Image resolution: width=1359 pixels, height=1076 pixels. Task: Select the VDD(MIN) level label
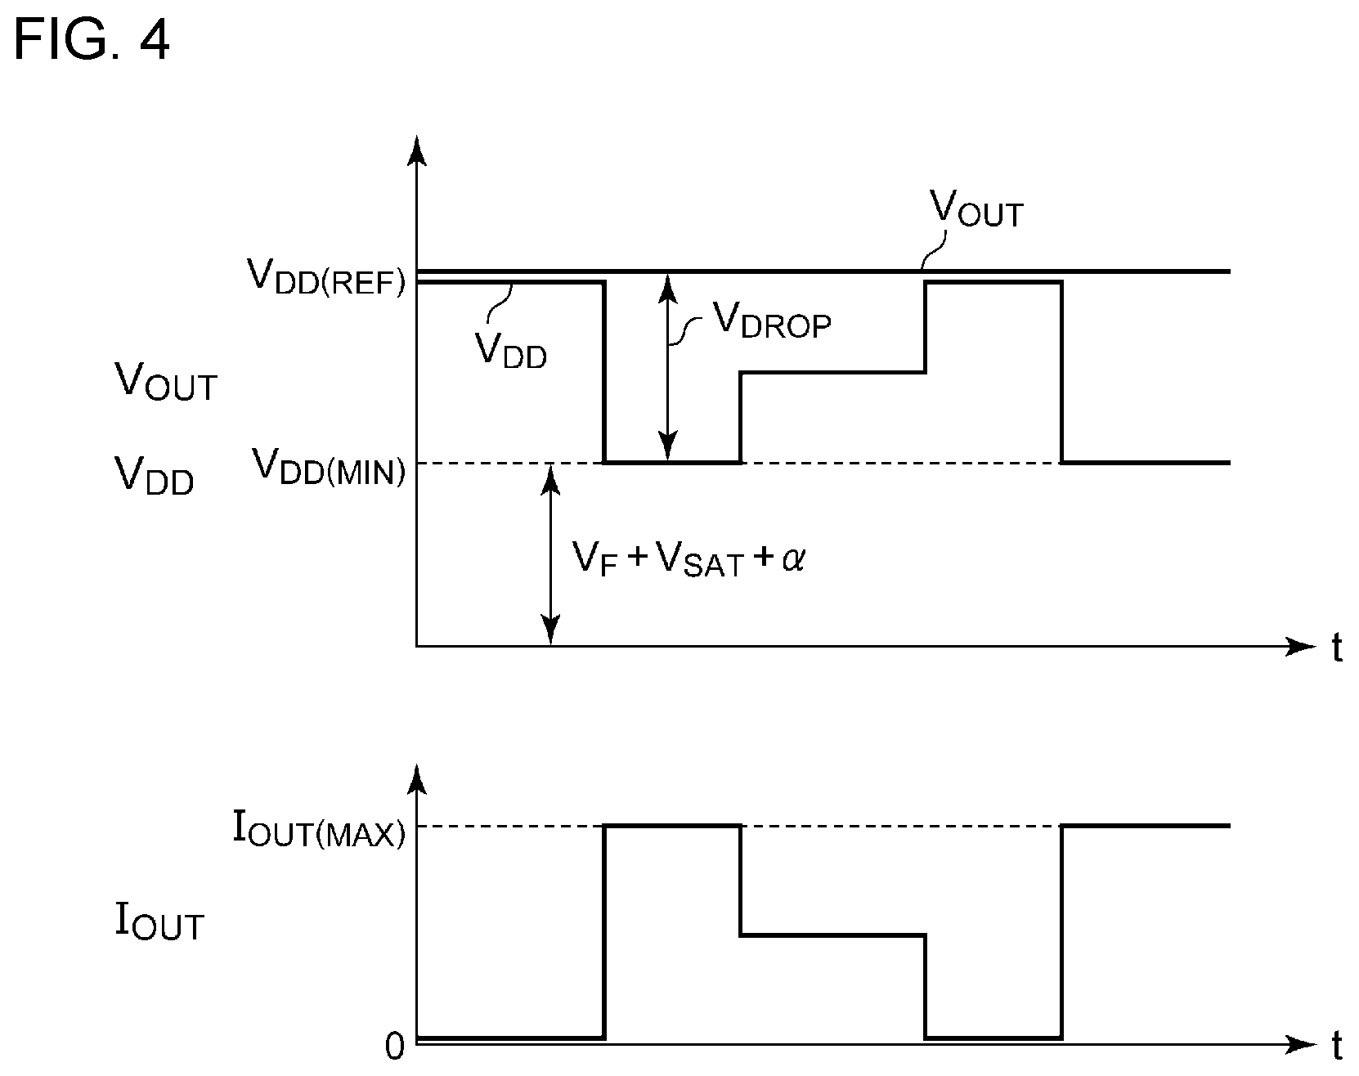point(329,466)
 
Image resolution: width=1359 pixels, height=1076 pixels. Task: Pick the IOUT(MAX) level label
point(319,829)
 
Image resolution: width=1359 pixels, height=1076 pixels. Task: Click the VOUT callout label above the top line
point(976,211)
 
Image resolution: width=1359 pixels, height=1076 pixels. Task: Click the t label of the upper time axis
point(1337,648)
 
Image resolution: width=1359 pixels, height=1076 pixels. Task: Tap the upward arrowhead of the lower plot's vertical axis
point(417,781)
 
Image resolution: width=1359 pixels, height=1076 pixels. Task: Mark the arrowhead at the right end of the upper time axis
point(1300,646)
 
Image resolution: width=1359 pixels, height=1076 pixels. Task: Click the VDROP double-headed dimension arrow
point(669,367)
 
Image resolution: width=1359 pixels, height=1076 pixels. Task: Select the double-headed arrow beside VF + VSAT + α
point(552,554)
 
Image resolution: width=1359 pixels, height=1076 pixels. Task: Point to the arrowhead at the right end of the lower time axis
point(1300,1043)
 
